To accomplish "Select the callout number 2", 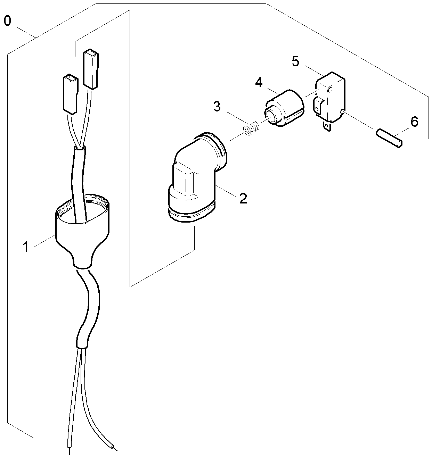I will click(x=243, y=199).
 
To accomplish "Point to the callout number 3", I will click(x=217, y=107).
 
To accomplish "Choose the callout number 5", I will click(x=295, y=61).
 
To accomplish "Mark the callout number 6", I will click(x=414, y=122).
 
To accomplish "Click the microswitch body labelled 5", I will click(x=330, y=97).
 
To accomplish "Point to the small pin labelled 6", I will click(x=390, y=139).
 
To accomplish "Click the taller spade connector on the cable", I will click(x=90, y=69).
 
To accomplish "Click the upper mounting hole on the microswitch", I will click(x=330, y=90).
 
